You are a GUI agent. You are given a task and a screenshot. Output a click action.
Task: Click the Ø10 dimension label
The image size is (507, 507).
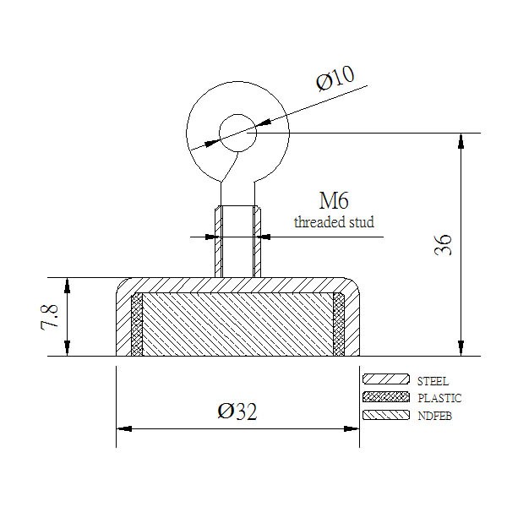click(x=335, y=79)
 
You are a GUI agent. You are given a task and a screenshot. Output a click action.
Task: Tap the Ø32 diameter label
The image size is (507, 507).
click(x=237, y=412)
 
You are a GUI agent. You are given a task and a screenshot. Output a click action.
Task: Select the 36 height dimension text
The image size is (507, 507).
click(x=443, y=245)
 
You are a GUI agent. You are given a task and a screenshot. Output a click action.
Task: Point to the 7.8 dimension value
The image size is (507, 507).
click(x=50, y=317)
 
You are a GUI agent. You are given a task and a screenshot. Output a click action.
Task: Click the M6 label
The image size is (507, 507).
click(x=334, y=200)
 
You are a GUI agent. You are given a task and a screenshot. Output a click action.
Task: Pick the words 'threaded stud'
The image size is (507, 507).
click(x=334, y=222)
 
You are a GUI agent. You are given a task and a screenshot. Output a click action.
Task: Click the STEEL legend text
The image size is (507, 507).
click(x=433, y=382)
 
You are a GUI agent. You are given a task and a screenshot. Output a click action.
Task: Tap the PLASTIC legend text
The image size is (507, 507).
click(x=439, y=398)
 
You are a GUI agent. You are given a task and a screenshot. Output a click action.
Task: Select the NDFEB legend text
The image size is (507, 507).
click(x=434, y=416)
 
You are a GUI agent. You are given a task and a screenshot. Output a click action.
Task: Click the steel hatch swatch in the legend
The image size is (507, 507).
click(x=386, y=379)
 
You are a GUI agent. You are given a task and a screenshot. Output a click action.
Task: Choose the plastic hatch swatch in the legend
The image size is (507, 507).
click(x=386, y=397)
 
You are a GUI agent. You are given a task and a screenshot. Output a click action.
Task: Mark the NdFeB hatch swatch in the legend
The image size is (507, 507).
click(x=386, y=415)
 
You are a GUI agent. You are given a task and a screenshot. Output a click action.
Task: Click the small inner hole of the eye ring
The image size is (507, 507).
click(x=238, y=133)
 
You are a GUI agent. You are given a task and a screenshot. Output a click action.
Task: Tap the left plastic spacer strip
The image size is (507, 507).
click(x=137, y=324)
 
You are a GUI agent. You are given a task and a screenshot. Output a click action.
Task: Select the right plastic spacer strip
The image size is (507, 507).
click(x=339, y=324)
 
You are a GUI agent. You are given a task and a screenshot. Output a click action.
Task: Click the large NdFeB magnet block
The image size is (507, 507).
click(x=237, y=324)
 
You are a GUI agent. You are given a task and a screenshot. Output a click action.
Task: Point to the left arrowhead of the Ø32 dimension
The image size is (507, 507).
click(x=124, y=429)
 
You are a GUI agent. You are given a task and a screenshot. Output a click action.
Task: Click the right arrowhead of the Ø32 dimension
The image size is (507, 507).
click(x=352, y=429)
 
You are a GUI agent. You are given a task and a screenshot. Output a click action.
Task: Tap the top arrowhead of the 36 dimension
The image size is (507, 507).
click(x=461, y=141)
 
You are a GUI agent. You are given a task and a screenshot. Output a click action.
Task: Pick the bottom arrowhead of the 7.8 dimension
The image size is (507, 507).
click(x=67, y=348)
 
